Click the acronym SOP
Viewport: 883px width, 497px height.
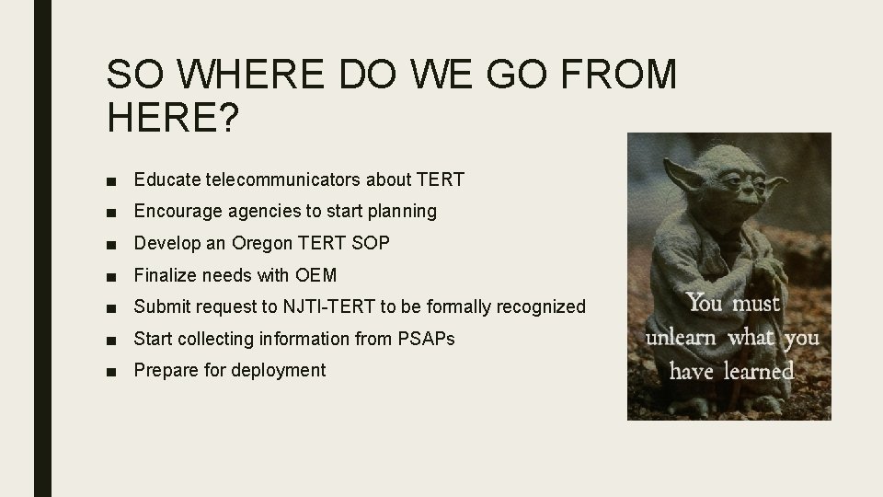[373, 243]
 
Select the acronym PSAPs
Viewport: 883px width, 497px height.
[427, 339]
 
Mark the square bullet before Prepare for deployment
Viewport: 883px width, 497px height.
[111, 371]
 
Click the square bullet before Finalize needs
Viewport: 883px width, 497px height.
[111, 275]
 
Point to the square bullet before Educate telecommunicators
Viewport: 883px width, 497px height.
[111, 180]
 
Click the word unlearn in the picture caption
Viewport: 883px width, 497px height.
[682, 338]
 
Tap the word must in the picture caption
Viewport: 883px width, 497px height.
[757, 303]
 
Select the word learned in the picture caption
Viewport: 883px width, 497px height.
[757, 371]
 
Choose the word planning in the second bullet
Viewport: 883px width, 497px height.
[402, 211]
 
